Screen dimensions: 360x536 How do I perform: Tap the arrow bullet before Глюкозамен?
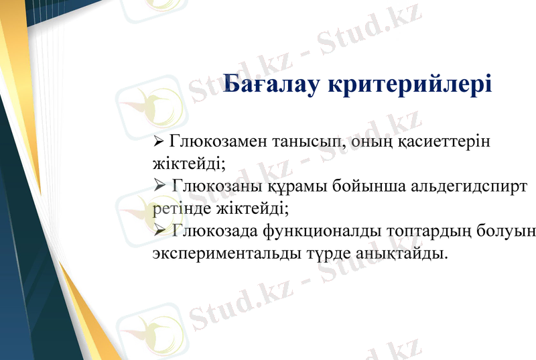(x=159, y=142)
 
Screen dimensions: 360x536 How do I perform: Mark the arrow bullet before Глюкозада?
(x=159, y=231)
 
